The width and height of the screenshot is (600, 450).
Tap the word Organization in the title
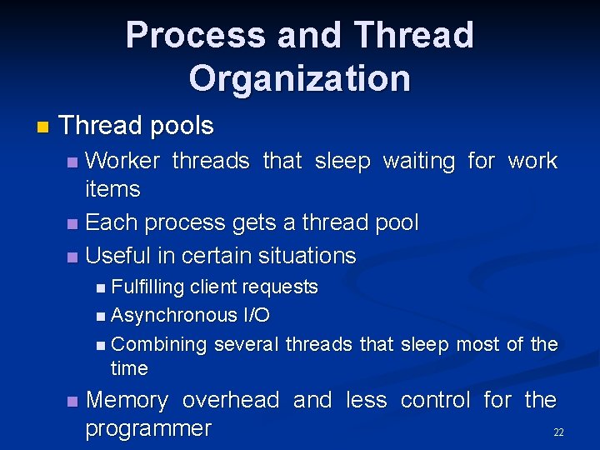click(299, 78)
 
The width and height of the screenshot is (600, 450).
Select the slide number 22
click(558, 432)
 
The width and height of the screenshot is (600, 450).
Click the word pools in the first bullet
click(182, 127)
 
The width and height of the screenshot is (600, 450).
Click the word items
click(112, 189)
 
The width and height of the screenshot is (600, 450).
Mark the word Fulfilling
click(147, 287)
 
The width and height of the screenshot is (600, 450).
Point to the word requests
click(279, 287)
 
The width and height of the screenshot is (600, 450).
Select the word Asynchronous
click(173, 315)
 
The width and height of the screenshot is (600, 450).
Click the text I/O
click(256, 315)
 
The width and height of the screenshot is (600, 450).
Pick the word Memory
click(127, 400)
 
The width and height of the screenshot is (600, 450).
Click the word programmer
click(148, 428)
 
